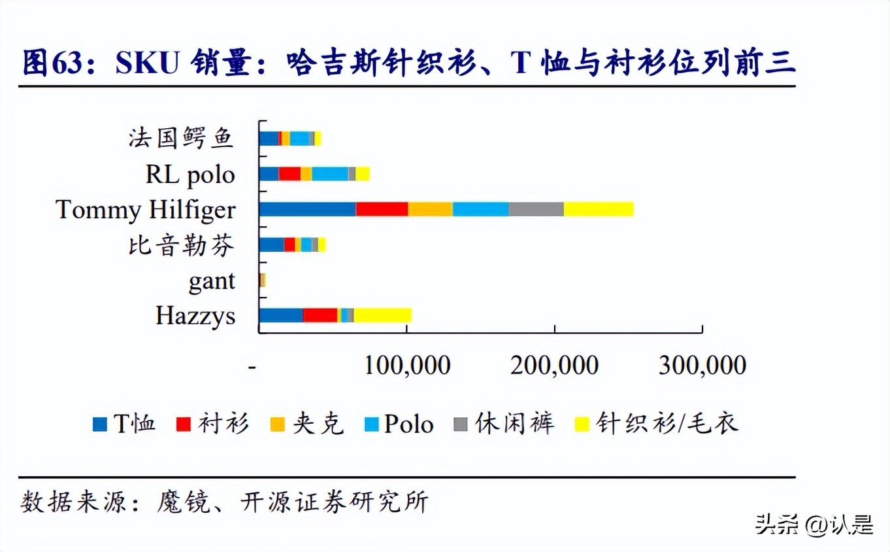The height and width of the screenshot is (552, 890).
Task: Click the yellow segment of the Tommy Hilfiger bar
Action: click(599, 209)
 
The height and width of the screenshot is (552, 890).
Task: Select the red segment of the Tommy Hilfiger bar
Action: click(382, 209)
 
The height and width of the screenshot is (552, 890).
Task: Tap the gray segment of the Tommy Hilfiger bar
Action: click(536, 209)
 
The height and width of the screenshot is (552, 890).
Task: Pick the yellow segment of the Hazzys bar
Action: click(382, 315)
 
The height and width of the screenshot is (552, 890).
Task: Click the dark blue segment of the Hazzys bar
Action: click(281, 315)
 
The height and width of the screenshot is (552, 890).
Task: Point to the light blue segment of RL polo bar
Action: click(330, 174)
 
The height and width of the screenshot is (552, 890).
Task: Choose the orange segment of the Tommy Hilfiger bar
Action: click(430, 209)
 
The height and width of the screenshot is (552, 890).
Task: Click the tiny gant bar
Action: click(262, 280)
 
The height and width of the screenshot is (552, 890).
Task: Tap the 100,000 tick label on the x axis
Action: click(406, 366)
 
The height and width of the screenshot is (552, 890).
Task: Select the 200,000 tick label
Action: click(554, 366)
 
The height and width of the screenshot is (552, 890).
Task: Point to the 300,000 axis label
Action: click(702, 366)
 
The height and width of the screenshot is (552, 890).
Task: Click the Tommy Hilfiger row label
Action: click(145, 211)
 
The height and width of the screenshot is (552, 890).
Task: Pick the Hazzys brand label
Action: click(195, 316)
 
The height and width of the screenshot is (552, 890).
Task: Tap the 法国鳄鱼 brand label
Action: click(181, 139)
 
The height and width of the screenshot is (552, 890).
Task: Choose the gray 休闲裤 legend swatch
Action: click(461, 424)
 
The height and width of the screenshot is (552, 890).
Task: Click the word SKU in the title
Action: click(147, 63)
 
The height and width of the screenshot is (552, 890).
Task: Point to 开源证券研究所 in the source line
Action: click(335, 502)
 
